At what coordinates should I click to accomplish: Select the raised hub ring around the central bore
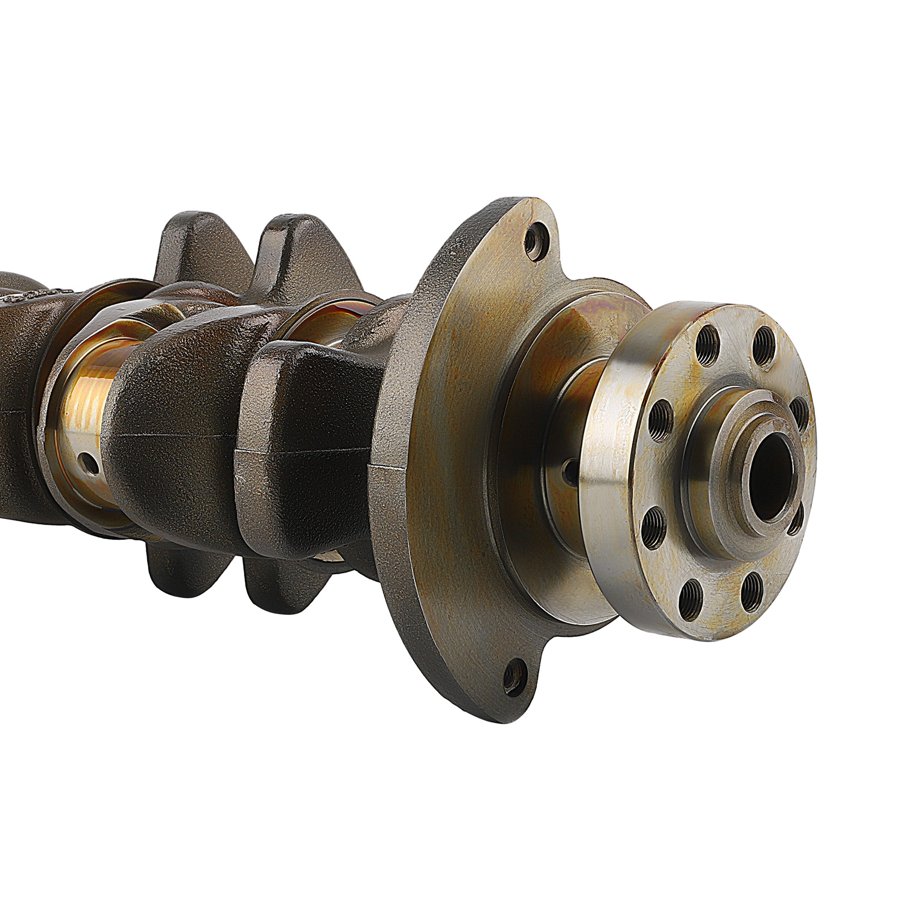722,472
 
